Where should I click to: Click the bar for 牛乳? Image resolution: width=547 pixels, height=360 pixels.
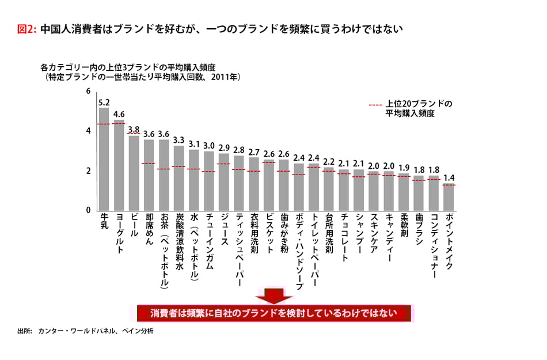click(104, 158)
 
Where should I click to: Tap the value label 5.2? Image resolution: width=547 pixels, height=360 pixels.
click(104, 103)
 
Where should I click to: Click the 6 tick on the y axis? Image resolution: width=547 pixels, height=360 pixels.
click(88, 92)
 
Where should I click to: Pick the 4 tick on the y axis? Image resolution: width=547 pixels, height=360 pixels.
click(88, 131)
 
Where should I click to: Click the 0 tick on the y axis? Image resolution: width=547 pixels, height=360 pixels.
click(88, 210)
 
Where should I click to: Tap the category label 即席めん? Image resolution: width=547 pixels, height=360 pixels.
click(149, 228)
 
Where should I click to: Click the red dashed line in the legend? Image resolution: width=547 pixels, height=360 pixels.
click(375, 105)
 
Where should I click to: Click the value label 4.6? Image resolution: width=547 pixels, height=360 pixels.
click(119, 114)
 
